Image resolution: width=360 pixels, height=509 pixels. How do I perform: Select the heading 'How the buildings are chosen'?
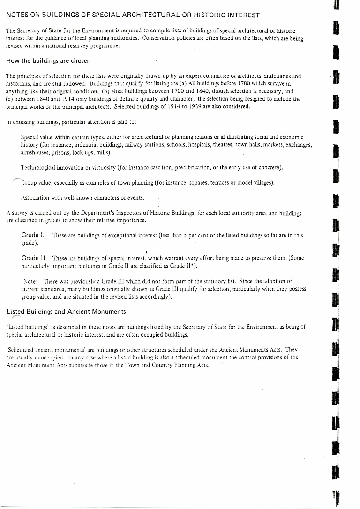pos(48,61)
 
